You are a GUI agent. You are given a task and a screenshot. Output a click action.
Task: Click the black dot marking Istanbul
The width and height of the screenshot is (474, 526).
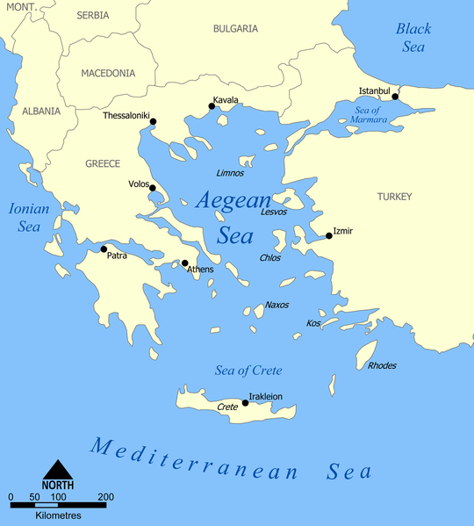395,97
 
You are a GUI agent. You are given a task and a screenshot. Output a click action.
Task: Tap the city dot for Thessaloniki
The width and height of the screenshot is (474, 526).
153,121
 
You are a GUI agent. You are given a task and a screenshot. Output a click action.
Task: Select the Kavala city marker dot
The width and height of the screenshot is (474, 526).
212,107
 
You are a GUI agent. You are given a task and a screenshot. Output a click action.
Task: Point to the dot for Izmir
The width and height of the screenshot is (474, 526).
328,235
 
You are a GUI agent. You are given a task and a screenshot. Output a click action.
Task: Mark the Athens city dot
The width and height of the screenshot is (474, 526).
184,263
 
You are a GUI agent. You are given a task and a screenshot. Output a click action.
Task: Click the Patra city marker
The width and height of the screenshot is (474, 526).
104,249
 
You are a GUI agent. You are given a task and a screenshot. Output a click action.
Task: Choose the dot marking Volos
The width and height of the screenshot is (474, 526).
153,188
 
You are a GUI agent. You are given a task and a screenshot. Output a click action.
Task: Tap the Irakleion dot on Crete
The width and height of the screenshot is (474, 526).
245,403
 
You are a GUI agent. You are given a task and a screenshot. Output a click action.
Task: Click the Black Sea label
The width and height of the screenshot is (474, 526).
413,37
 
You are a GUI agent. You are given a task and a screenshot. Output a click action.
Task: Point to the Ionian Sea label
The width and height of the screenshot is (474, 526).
28,217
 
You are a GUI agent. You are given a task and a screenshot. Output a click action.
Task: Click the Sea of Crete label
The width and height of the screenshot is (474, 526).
248,370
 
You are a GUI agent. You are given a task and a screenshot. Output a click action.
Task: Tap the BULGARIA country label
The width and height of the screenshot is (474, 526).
235,28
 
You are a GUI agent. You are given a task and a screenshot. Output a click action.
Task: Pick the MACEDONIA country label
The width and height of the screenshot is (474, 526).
108,74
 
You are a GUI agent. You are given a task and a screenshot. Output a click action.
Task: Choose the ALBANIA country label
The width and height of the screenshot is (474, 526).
41,112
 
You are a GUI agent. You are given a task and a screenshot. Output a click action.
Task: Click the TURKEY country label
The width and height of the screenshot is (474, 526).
394,197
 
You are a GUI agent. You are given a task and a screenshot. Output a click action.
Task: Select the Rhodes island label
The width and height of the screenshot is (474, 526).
382,365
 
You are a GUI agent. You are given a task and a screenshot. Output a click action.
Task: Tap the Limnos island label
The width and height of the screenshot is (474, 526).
230,173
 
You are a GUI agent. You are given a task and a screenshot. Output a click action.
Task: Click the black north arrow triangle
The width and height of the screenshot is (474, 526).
58,471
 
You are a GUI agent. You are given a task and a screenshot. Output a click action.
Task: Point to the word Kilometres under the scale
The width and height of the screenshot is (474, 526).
58,514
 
